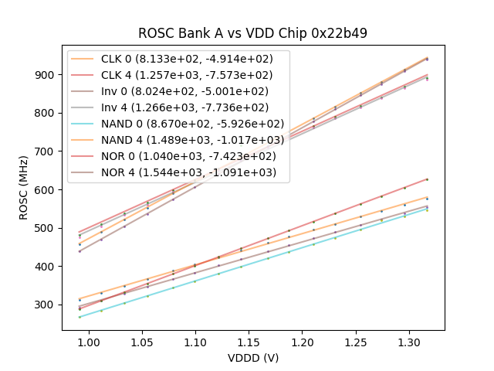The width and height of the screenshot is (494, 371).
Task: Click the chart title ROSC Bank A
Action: [252, 33]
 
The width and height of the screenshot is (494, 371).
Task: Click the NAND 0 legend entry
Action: [178, 124]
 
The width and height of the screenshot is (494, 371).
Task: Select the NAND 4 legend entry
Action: [178, 140]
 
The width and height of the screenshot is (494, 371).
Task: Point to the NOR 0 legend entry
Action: [178, 156]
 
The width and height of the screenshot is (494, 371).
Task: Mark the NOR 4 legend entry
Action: [178, 172]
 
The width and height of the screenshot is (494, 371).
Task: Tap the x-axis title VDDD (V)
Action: [252, 358]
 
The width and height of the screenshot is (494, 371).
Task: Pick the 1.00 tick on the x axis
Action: [90, 341]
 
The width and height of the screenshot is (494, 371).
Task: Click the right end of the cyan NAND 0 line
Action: [427, 209]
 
